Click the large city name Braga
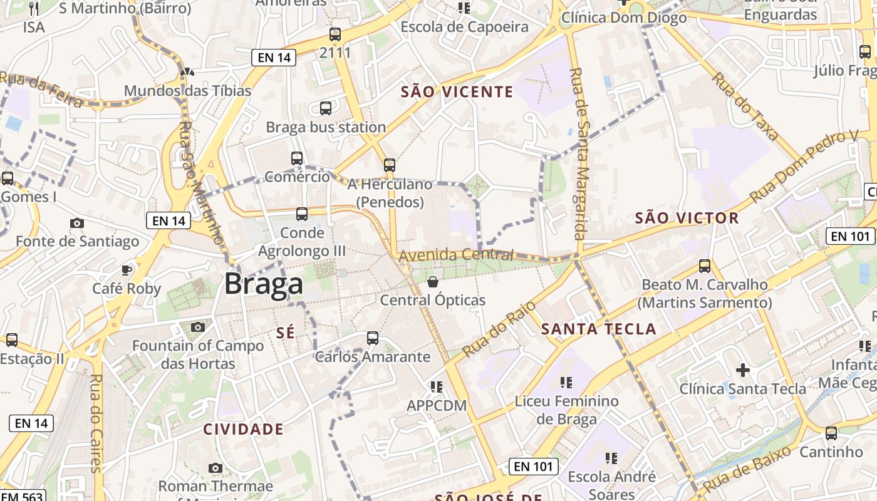264,284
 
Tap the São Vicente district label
457,92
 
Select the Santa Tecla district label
598,329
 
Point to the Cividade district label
243,429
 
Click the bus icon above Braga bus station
326,108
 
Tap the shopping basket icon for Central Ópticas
432,282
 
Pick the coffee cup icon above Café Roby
127,270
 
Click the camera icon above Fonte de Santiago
77,223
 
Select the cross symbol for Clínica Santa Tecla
743,370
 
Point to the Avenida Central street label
456,256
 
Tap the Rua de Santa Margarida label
578,153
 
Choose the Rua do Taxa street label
744,107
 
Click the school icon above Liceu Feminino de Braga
566,382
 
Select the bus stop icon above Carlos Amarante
373,338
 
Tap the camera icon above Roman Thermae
215,468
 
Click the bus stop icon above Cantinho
831,433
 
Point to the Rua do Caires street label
96,423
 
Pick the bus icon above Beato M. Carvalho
705,266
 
